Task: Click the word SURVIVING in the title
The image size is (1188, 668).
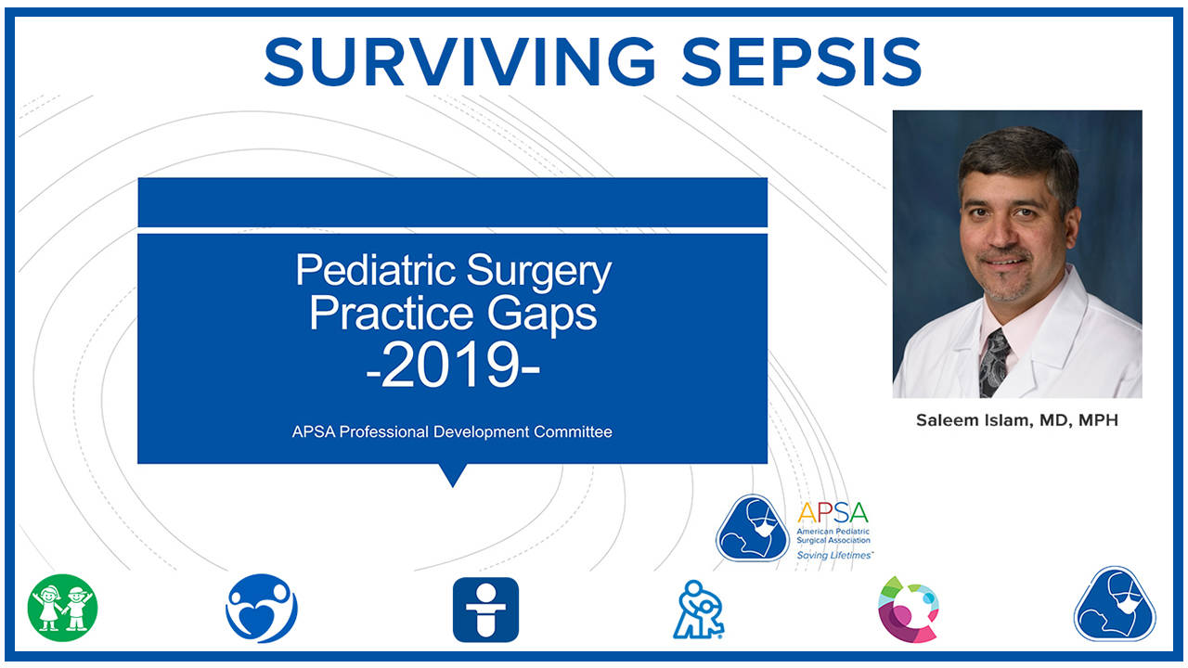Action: point(459,62)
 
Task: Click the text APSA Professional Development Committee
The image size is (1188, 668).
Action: point(452,431)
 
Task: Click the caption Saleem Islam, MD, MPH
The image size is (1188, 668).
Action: point(1017,420)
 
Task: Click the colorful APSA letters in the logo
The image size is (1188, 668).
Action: point(833,512)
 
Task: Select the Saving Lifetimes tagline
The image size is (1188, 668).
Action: point(834,555)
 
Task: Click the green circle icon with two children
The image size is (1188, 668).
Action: point(62,609)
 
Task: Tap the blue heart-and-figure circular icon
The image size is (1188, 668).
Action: point(262,609)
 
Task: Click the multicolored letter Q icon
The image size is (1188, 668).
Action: point(909,609)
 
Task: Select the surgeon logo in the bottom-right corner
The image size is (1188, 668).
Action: point(1114,604)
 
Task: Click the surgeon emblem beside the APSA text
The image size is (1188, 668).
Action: point(753,528)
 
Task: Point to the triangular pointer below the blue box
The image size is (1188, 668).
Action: point(452,475)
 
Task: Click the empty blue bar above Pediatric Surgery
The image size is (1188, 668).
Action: point(452,202)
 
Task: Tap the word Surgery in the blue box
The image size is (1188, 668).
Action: point(539,271)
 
